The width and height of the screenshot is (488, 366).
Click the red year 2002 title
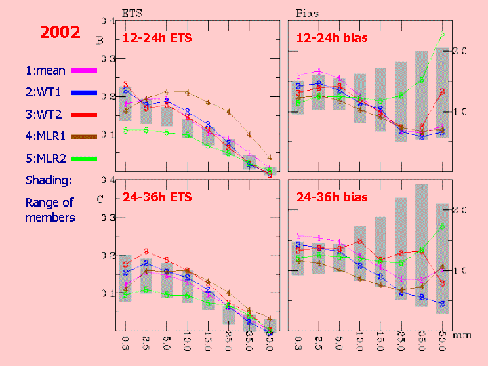pyautogui.click(x=60, y=32)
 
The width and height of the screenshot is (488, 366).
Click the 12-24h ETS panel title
pyautogui.click(x=157, y=38)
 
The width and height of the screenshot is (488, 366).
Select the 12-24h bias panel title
pyautogui.click(x=332, y=38)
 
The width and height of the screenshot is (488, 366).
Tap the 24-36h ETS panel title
pyautogui.click(x=157, y=197)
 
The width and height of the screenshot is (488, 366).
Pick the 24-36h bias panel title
pyautogui.click(x=332, y=197)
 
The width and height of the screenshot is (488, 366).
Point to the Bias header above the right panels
pyautogui.click(x=307, y=13)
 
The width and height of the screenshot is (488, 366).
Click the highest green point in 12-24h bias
pyautogui.click(x=442, y=33)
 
